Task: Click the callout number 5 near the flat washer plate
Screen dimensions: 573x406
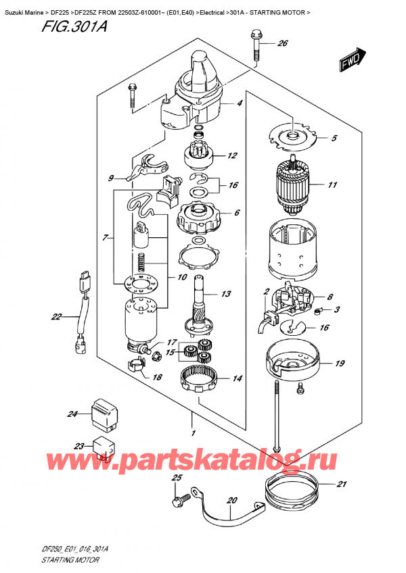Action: click(333, 140)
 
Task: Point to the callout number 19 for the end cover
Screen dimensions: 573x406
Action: click(339, 364)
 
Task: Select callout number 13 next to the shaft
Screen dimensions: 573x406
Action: click(225, 294)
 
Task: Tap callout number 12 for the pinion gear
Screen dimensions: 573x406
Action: click(232, 156)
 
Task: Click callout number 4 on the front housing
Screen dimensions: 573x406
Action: click(239, 103)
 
